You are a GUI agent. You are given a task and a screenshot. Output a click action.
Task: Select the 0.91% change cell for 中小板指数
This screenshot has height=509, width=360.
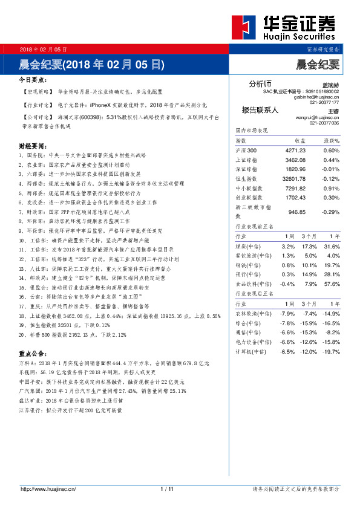pos(331,188)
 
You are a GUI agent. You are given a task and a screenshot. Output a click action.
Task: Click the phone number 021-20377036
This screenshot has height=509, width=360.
pos(324,123)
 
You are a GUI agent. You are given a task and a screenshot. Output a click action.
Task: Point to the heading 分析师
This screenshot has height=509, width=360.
pos(260,83)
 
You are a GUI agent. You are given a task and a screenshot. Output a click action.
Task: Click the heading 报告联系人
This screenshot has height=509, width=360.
pos(260,110)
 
